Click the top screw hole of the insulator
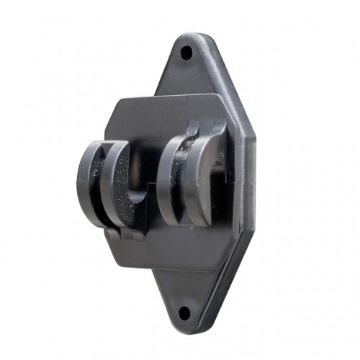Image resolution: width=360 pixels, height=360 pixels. pyautogui.click(x=186, y=53)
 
